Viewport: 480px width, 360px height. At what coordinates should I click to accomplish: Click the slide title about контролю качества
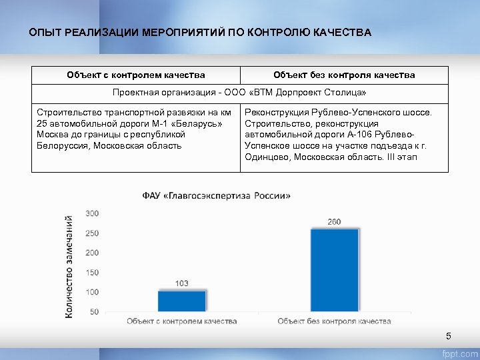200,32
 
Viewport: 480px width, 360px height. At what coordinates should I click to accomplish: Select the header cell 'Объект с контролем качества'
136,75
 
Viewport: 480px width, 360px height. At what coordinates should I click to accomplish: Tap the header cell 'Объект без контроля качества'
344,75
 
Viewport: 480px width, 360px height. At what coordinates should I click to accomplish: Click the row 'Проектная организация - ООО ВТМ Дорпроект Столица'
240,93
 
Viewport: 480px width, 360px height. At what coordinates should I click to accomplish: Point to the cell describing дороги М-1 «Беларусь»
135,129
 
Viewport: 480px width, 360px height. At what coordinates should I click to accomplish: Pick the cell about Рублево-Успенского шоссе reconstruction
344,135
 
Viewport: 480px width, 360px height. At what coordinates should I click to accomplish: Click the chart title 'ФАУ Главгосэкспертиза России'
217,196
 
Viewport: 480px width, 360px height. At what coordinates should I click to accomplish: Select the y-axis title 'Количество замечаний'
69,266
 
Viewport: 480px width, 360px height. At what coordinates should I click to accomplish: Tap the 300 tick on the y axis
91,213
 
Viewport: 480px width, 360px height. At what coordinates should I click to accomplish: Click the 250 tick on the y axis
91,233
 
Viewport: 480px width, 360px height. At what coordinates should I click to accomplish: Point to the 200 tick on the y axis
91,253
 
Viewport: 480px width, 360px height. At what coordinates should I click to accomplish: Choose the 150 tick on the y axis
91,273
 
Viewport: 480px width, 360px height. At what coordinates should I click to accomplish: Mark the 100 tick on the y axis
91,292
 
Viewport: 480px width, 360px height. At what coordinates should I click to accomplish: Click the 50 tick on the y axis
93,311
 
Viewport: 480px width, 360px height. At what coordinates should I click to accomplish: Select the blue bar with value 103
182,301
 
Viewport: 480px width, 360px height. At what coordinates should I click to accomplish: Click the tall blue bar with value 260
334,269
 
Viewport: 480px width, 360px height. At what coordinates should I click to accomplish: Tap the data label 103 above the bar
182,283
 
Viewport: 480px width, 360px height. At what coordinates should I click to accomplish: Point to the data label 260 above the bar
334,221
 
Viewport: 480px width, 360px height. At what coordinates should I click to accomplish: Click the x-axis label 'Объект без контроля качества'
334,321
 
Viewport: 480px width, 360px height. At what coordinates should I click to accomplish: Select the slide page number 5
449,336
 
